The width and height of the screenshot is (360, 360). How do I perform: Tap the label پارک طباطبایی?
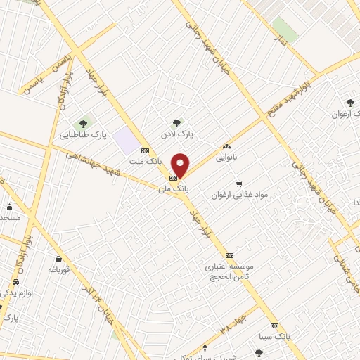point(83,134)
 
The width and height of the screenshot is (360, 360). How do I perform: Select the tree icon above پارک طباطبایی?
point(83,124)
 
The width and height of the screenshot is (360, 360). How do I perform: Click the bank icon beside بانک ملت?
point(145,150)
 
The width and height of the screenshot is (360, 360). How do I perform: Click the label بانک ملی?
point(181,188)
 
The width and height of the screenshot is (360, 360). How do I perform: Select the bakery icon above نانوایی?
point(226,146)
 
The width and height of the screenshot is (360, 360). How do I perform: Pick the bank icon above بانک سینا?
point(274,326)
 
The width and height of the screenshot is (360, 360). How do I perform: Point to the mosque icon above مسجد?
point(9,207)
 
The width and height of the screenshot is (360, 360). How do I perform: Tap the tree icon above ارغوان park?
point(350,103)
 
